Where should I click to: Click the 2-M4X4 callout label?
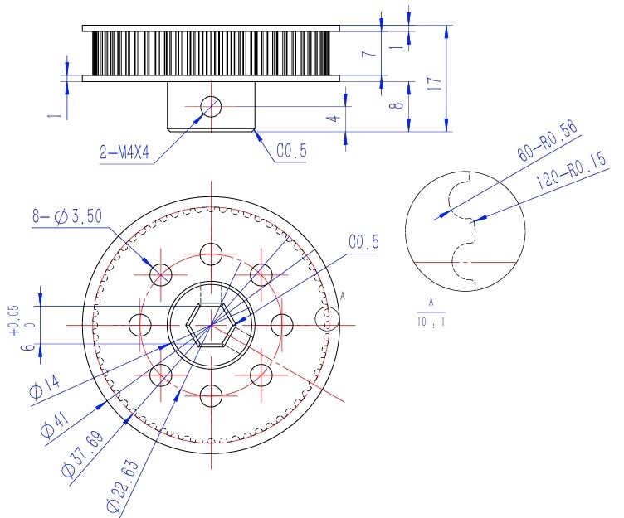pyautogui.click(x=124, y=152)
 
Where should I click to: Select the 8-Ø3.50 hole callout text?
pyautogui.click(x=67, y=216)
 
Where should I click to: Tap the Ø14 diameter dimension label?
pyautogui.click(x=45, y=387)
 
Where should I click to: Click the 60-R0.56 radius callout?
pyautogui.click(x=547, y=141)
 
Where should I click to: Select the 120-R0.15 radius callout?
pyautogui.click(x=571, y=170)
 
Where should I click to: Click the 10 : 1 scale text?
pyautogui.click(x=431, y=322)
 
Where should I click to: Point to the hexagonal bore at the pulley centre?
pyautogui.click(x=211, y=325)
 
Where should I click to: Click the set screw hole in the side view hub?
pyautogui.click(x=211, y=107)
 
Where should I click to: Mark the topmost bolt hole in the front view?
pyautogui.click(x=211, y=254)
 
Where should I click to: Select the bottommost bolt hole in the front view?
pyautogui.click(x=211, y=396)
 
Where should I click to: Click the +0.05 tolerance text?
pyautogui.click(x=14, y=321)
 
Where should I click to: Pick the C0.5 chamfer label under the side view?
pyautogui.click(x=292, y=151)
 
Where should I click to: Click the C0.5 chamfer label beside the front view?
pyautogui.click(x=363, y=242)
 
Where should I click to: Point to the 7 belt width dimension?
pyautogui.click(x=369, y=52)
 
